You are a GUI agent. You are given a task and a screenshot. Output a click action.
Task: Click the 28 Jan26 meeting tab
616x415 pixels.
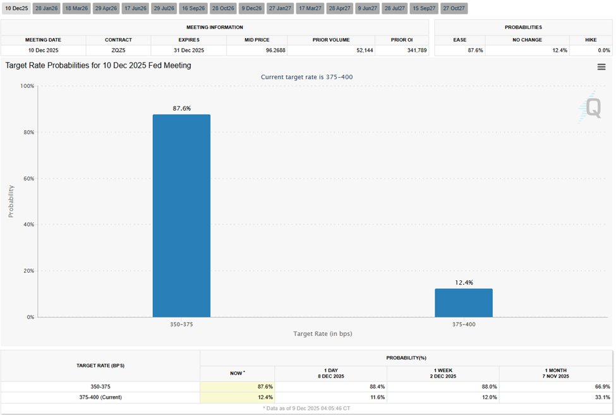[47, 8]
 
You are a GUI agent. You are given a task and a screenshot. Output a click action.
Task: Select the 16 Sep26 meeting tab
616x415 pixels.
[193, 8]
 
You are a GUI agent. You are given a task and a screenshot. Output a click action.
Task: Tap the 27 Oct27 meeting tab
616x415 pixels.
[454, 8]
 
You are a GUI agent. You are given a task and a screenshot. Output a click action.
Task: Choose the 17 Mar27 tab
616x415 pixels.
[310, 8]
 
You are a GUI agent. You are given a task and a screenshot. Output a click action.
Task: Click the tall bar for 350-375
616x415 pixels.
[181, 215]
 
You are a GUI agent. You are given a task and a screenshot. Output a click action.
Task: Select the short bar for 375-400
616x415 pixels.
[463, 303]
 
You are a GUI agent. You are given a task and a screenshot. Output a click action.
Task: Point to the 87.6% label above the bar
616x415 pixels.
[181, 108]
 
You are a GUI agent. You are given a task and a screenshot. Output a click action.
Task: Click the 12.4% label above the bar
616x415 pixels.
[463, 282]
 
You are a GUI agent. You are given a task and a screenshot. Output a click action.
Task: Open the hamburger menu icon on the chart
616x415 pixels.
[601, 67]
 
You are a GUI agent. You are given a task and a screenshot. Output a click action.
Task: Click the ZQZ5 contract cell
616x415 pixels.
[114, 50]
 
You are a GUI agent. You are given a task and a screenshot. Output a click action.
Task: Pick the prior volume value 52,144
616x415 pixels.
[359, 50]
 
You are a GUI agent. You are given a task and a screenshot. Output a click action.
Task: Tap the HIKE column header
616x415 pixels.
[590, 40]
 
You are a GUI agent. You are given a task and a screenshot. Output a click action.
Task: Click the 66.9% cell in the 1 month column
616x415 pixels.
[601, 386]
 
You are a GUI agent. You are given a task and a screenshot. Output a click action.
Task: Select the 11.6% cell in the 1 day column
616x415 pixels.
[377, 397]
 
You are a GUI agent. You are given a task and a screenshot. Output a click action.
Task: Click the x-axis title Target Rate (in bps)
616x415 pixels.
[322, 333]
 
